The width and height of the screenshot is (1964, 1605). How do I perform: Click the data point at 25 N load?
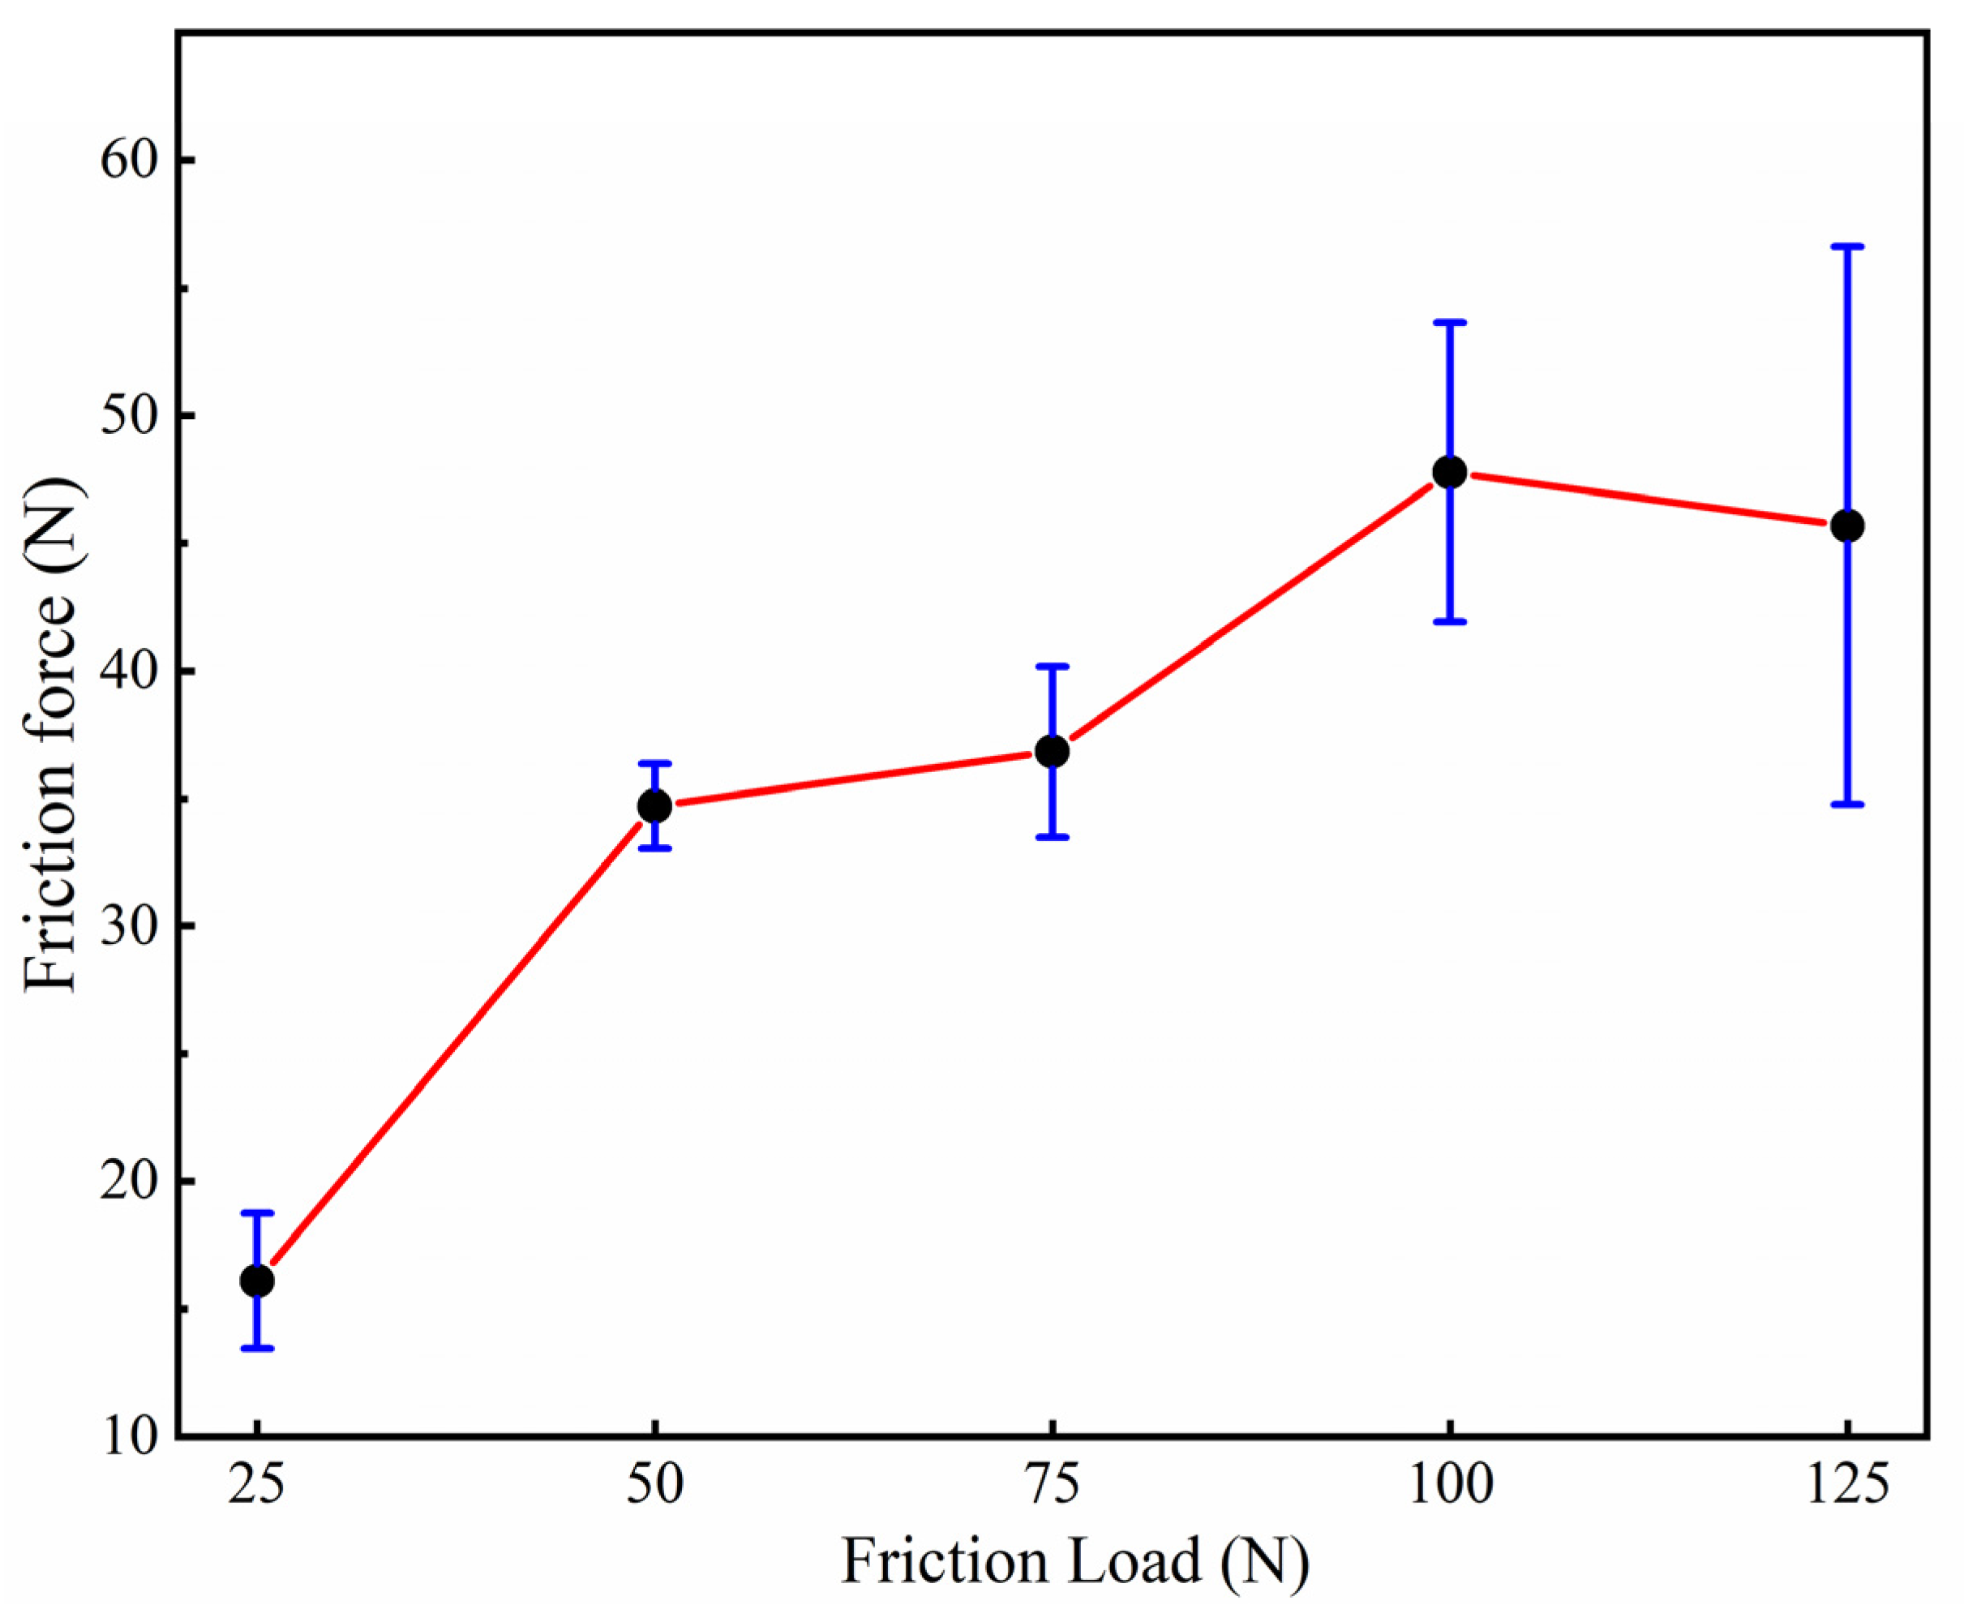click(257, 1281)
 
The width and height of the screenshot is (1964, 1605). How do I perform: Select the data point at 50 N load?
click(654, 806)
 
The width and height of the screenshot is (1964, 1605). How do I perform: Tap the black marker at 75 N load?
click(1052, 752)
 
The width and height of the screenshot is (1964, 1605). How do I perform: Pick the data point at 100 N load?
click(1449, 473)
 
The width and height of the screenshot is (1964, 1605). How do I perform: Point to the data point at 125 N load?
click(1846, 526)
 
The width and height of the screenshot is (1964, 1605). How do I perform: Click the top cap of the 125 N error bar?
click(1846, 247)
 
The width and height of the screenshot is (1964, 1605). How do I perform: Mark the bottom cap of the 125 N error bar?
click(1846, 805)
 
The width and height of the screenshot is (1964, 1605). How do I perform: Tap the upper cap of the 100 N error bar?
click(1449, 322)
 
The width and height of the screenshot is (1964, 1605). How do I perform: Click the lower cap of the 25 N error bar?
click(257, 1348)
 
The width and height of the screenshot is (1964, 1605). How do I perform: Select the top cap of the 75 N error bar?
click(1052, 666)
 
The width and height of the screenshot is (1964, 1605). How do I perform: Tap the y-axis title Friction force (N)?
click(51, 735)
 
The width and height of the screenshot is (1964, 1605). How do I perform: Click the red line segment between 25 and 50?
click(456, 1043)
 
